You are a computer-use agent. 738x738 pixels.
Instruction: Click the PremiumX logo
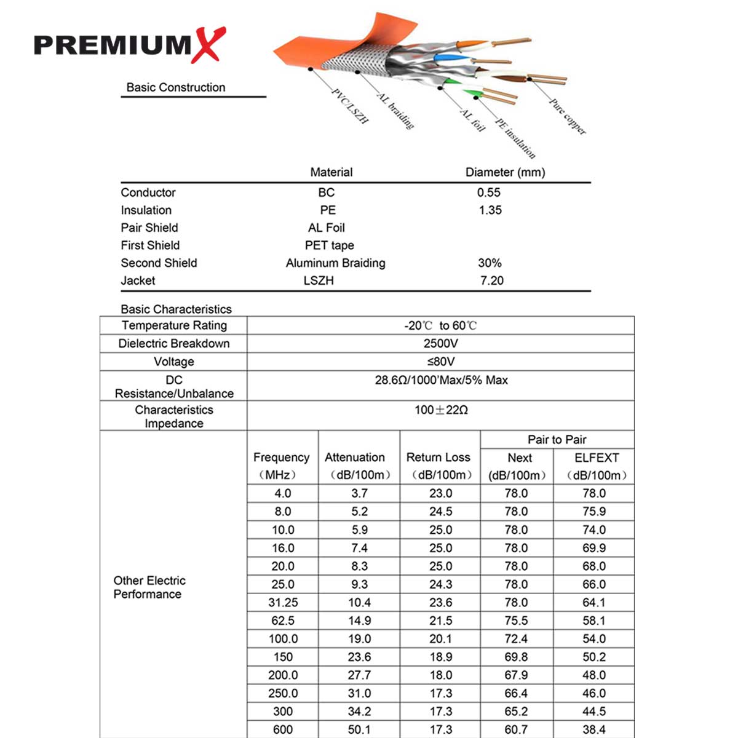130,45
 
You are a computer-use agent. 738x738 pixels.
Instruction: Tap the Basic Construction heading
176,87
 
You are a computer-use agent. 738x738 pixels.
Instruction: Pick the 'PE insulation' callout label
515,138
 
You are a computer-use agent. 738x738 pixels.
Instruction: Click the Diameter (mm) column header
505,172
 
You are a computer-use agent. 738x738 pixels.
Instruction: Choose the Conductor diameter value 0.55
489,192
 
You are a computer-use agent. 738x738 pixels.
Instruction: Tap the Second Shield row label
159,263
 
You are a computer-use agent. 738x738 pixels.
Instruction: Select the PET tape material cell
329,245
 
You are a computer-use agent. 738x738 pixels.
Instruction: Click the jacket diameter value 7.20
491,280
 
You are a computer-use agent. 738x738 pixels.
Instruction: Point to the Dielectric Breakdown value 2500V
440,343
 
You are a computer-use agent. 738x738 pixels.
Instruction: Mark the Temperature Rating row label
174,325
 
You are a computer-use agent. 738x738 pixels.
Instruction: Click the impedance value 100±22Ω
440,410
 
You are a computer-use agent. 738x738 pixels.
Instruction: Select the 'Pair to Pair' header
557,439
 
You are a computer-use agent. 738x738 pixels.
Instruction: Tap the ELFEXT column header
596,458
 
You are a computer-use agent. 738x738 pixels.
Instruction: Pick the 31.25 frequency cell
283,603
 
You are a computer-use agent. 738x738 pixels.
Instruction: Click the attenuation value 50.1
359,729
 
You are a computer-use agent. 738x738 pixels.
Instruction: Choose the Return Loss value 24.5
440,512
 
